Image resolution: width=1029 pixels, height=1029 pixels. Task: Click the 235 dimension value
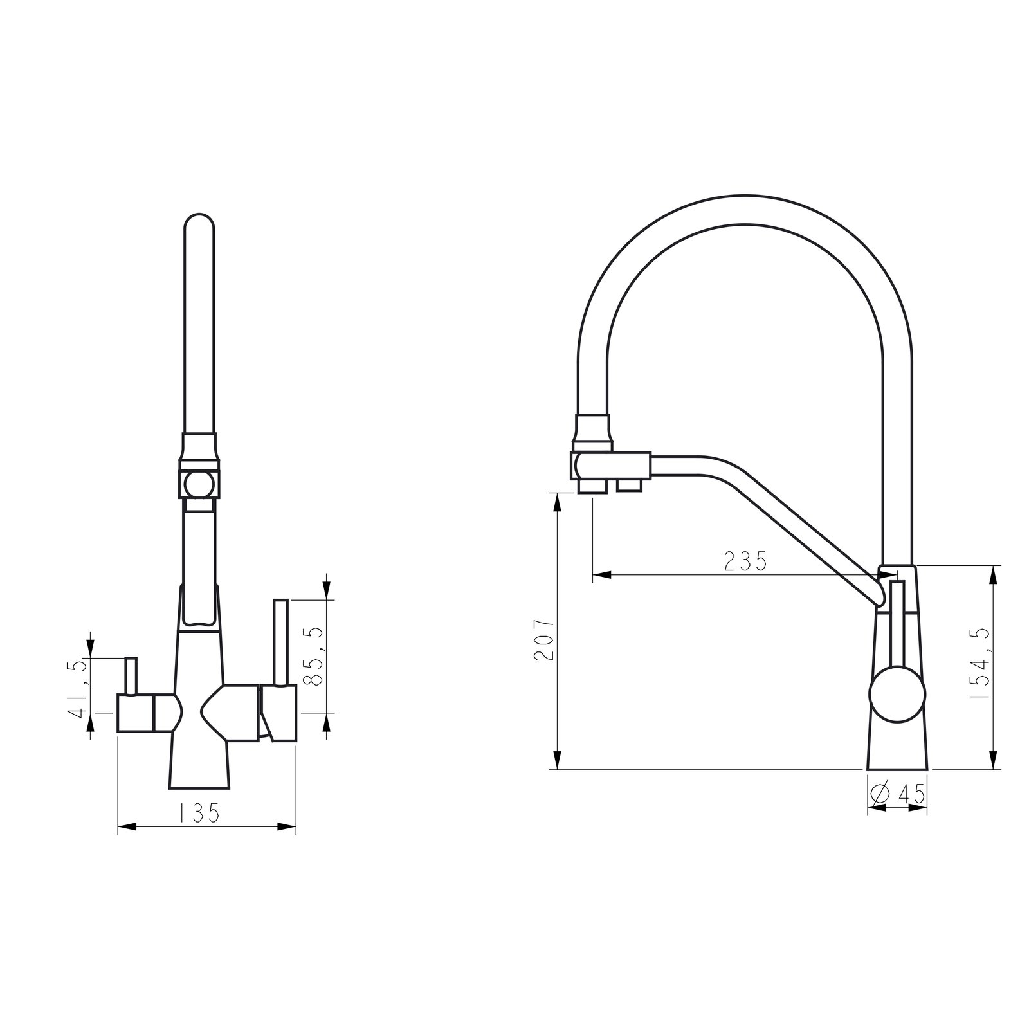[745, 561]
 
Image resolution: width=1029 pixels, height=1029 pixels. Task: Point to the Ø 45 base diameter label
[898, 794]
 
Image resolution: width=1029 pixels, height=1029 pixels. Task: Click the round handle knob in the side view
[897, 695]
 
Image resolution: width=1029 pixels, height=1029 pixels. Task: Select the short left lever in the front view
[131, 676]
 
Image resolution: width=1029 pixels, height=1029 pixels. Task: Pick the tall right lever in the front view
[280, 642]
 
